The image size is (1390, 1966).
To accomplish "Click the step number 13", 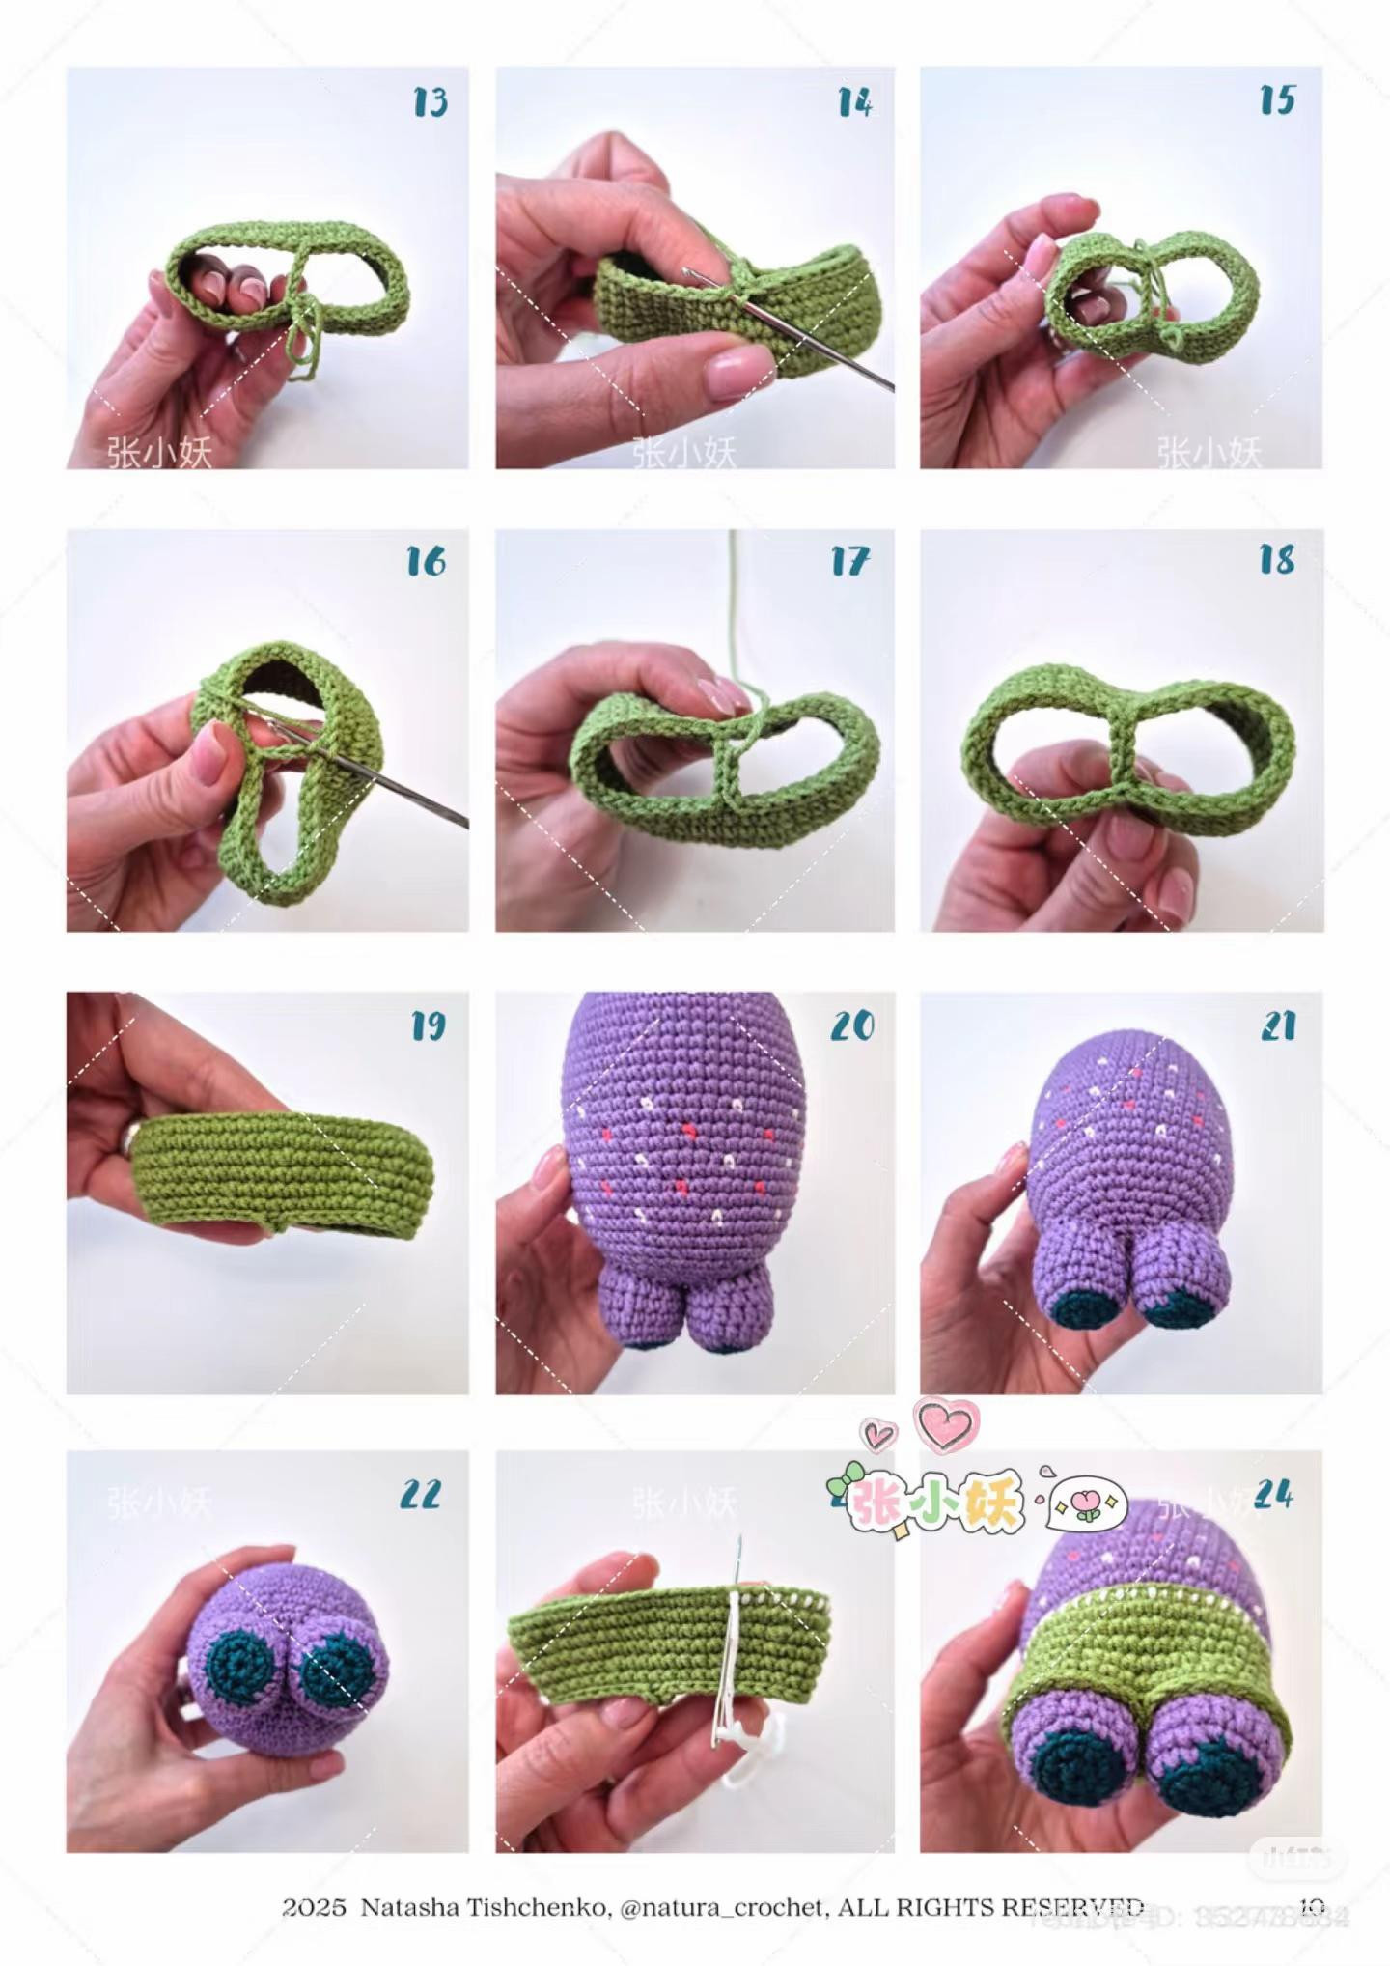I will [431, 101].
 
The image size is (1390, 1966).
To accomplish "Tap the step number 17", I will [850, 561].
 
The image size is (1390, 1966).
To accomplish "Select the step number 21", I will [1278, 1025].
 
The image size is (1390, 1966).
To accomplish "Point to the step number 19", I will [429, 1025].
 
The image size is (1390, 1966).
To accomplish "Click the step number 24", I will [1274, 1496].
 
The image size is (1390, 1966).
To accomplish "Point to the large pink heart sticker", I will [947, 1424].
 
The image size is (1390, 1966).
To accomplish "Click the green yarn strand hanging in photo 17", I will [733, 618].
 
